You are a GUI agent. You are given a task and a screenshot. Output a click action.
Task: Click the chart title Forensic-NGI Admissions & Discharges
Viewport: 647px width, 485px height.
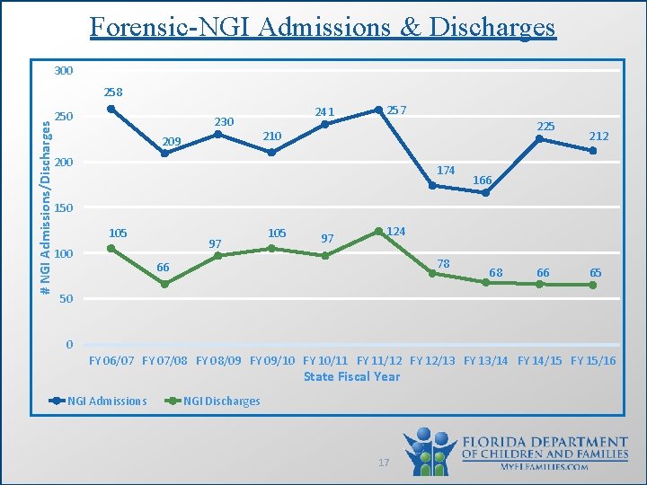pyautogui.click(x=323, y=27)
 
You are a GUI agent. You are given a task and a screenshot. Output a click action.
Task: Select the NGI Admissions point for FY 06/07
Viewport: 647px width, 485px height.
pyautogui.click(x=111, y=109)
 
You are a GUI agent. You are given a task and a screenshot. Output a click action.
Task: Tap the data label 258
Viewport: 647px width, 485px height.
pyautogui.click(x=113, y=93)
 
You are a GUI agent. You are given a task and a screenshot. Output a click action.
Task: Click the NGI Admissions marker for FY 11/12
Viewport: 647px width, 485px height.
pyautogui.click(x=378, y=110)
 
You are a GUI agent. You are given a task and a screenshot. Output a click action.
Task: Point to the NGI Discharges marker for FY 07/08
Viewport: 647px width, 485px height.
pyautogui.click(x=164, y=284)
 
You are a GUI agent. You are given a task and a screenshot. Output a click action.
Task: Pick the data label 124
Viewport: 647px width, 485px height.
pyautogui.click(x=396, y=232)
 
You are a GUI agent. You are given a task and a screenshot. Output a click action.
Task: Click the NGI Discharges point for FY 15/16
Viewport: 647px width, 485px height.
pyautogui.click(x=593, y=285)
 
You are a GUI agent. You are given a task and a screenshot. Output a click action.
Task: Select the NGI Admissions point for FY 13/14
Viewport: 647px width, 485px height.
pyautogui.click(x=485, y=192)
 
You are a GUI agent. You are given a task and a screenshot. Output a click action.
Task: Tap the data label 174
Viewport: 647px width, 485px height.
pyautogui.click(x=446, y=171)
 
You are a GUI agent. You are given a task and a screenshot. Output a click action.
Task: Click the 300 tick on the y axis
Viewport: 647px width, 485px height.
pyautogui.click(x=63, y=71)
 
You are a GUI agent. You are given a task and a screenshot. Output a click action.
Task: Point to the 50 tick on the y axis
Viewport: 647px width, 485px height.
pyautogui.click(x=66, y=299)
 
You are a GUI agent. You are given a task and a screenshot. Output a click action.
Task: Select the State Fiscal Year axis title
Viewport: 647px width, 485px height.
pyautogui.click(x=351, y=376)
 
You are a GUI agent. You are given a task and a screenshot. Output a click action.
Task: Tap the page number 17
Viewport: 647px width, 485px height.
pyautogui.click(x=384, y=463)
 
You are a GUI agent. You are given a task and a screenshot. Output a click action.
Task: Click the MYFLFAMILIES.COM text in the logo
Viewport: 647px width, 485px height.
pyautogui.click(x=545, y=467)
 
